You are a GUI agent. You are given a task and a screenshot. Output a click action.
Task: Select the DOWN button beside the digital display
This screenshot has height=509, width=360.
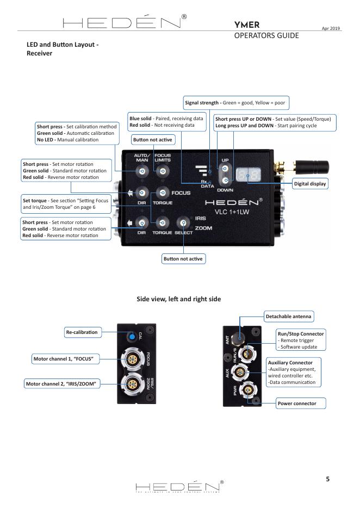tap(225, 179)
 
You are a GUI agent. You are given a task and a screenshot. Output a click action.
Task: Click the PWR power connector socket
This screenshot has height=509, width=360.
tap(249, 390)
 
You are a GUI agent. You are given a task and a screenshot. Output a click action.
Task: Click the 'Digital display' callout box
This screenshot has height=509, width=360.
tap(310, 184)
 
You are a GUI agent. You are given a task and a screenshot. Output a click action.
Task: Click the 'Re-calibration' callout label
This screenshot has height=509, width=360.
tap(82, 332)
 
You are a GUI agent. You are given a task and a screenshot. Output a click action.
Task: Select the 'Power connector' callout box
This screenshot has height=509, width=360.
tap(296, 404)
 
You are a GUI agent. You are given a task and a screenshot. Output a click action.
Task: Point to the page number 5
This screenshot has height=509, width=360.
tap(327, 479)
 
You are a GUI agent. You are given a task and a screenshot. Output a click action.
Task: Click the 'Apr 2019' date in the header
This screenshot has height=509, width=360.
tap(332, 28)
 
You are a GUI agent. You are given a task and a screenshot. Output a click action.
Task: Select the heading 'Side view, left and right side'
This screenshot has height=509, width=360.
tap(179, 299)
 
